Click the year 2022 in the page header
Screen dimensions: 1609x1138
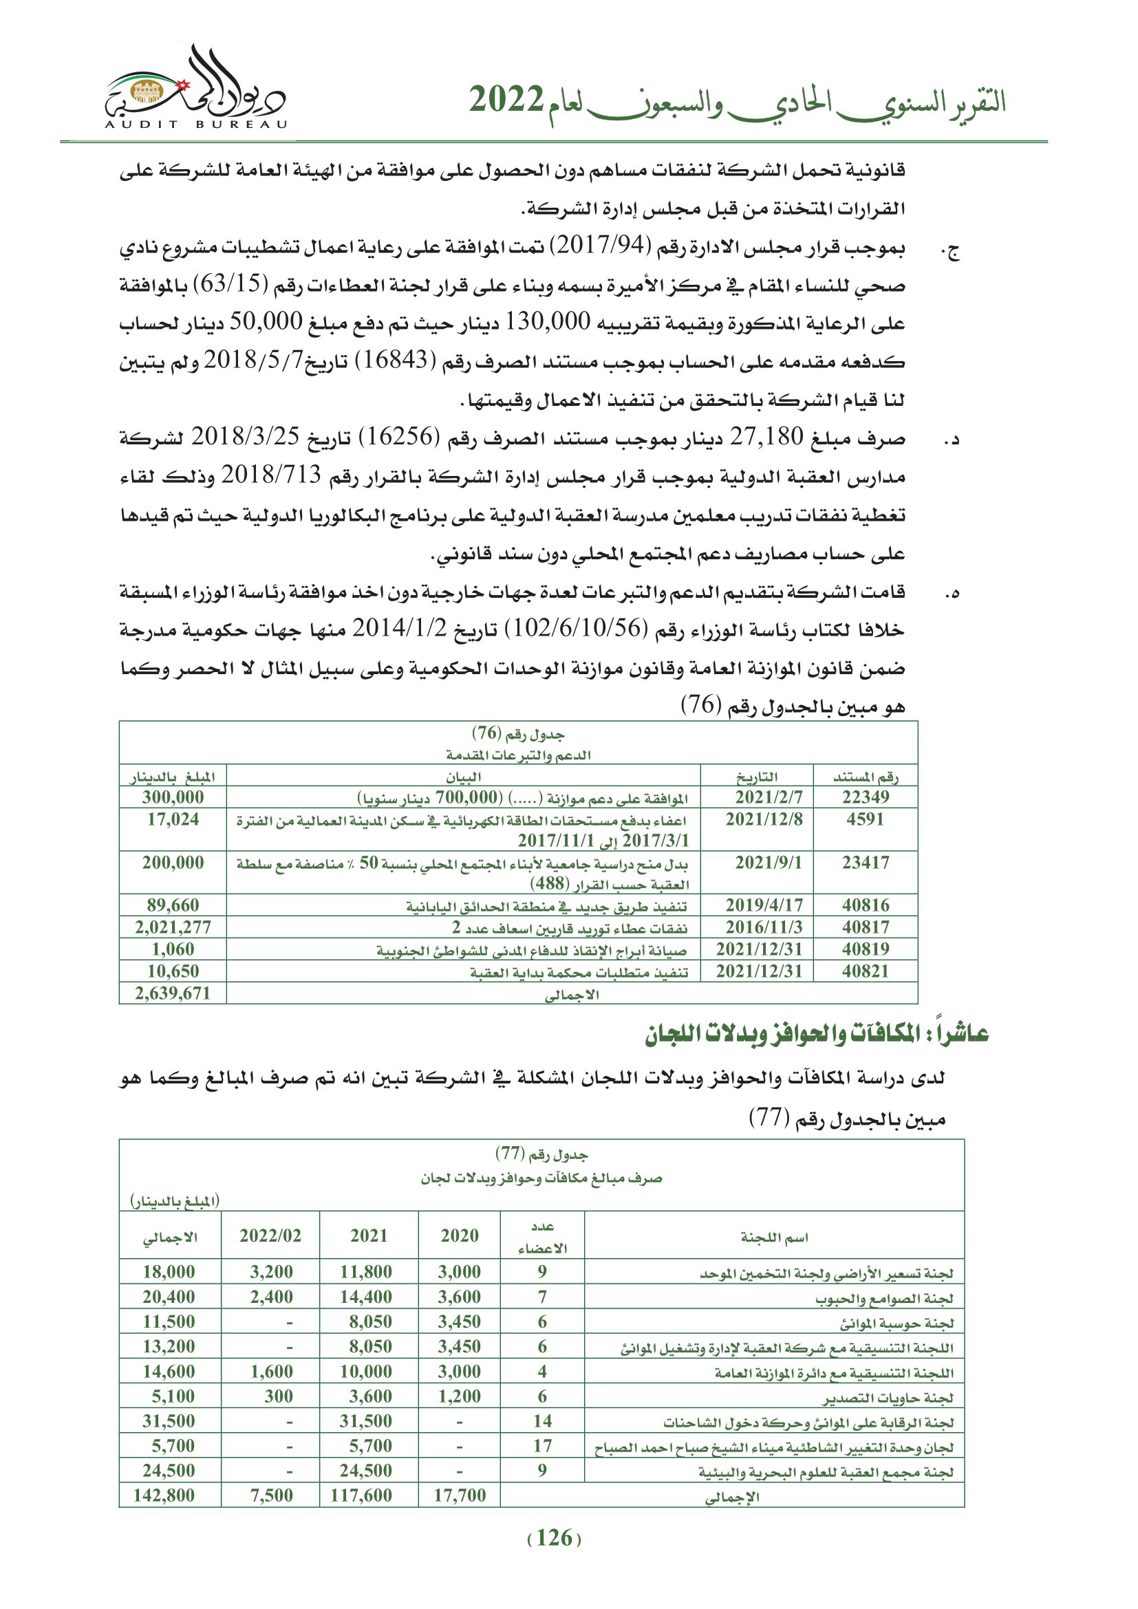[506, 100]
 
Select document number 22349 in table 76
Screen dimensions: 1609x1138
[866, 797]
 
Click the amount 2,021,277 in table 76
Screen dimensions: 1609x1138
[173, 927]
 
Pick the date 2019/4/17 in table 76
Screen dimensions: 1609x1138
[764, 905]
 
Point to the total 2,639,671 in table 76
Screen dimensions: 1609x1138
[173, 993]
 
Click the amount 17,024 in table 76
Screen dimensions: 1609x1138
[173, 819]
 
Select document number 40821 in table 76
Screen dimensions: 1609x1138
[866, 971]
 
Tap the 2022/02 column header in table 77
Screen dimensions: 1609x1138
[270, 1235]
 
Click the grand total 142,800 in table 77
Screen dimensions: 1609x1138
[164, 1495]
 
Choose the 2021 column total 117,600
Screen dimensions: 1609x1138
[362, 1495]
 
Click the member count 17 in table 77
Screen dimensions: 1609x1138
[542, 1445]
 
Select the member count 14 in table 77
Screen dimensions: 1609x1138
[542, 1421]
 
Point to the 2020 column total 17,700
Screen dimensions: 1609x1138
[459, 1495]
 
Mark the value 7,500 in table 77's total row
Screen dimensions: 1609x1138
[272, 1495]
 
